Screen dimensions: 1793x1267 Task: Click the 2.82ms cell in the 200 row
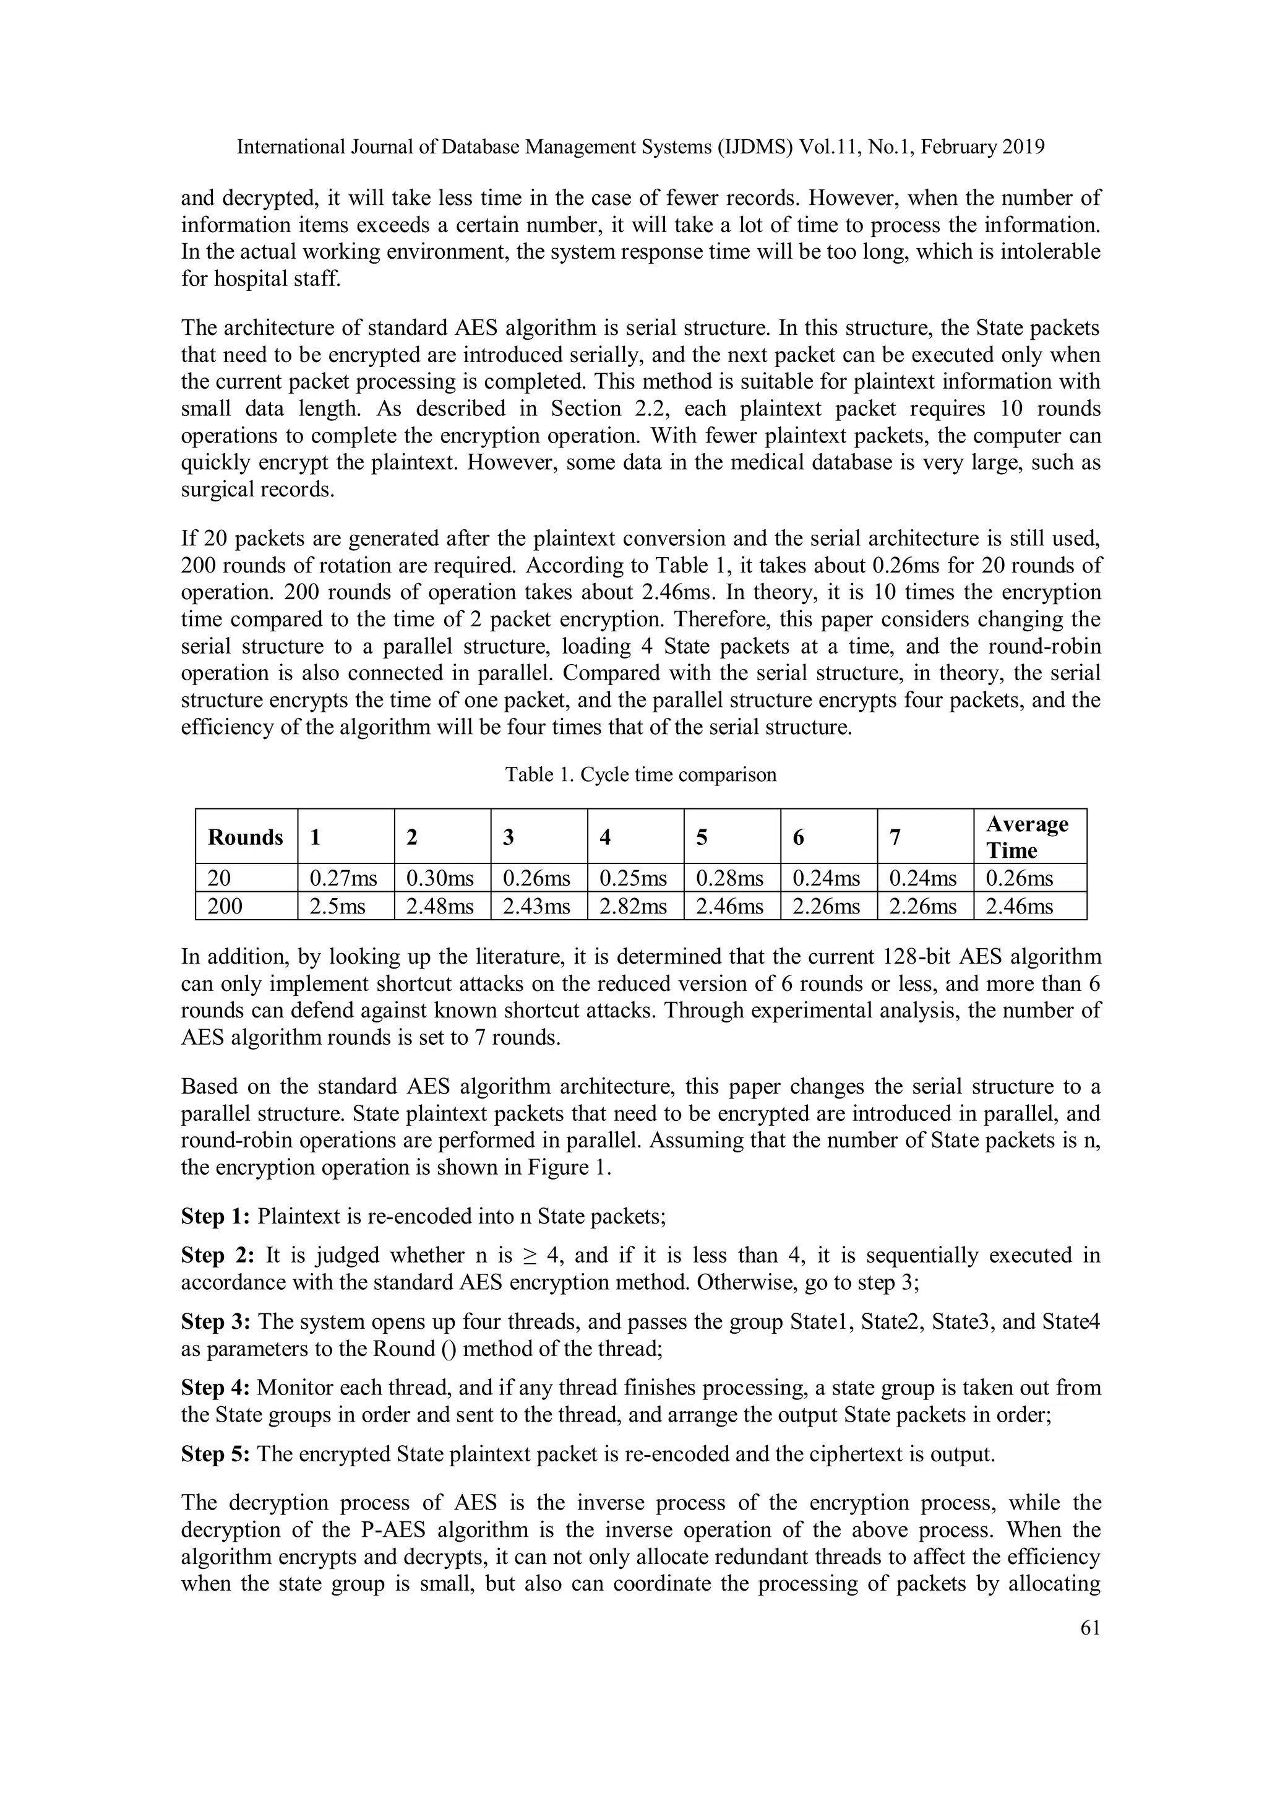coord(632,907)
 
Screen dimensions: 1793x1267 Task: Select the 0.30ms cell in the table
coord(439,878)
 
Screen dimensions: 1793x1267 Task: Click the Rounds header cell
coord(245,837)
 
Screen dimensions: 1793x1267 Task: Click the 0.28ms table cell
coord(729,878)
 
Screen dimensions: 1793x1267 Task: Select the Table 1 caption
coord(640,775)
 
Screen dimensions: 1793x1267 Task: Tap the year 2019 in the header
coord(1021,147)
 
